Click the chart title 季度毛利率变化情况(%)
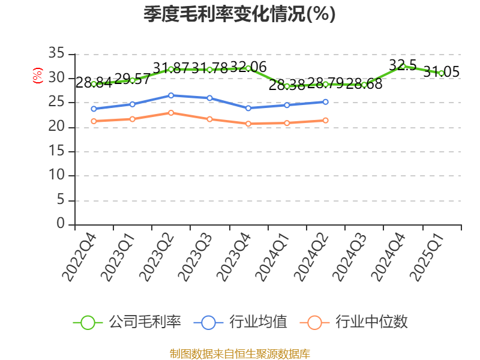[239, 14]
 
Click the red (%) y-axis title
[38, 76]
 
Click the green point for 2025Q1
[441, 73]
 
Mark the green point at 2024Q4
[403, 66]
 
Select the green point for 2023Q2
[171, 69]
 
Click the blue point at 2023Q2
[171, 95]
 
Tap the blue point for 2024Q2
[325, 102]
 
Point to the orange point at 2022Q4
[94, 121]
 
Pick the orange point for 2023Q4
[248, 124]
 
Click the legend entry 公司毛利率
[127, 322]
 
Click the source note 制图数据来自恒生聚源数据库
[239, 353]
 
